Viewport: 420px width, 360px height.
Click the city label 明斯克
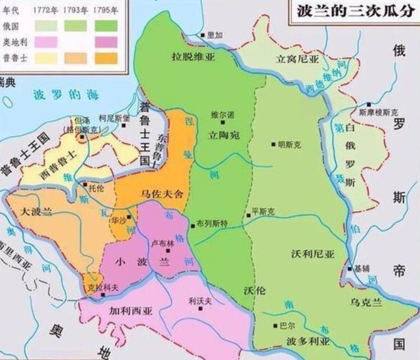pos(291,144)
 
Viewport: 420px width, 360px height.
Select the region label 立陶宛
pos(223,134)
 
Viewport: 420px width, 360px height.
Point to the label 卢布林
pos(162,243)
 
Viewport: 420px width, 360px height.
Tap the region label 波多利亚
pos(308,342)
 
